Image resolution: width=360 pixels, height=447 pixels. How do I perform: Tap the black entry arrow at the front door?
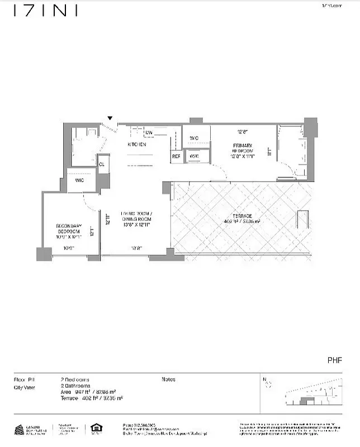coord(110,118)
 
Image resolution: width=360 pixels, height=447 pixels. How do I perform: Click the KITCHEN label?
coord(137,145)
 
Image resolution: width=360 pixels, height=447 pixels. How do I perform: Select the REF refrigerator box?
coord(176,156)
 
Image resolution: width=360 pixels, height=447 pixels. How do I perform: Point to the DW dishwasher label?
coord(149,133)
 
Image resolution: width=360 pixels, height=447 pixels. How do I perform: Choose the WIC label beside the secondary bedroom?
coord(79,180)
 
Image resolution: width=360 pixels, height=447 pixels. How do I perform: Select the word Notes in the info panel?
coord(168,379)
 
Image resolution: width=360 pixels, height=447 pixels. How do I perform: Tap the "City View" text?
coord(25,387)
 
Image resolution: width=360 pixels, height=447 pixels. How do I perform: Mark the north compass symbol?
coord(267,383)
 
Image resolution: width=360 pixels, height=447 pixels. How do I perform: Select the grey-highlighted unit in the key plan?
coord(305,400)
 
